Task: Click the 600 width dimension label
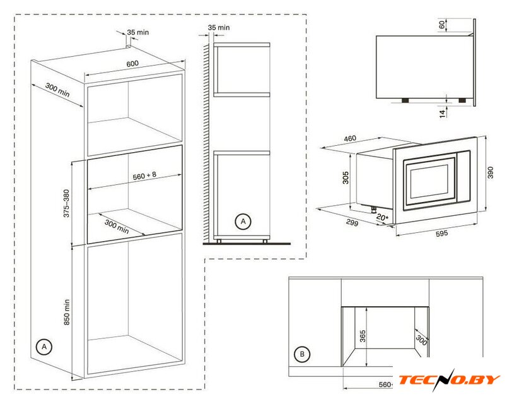(x=132, y=64)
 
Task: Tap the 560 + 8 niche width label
(x=144, y=175)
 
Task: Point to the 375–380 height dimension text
(x=66, y=203)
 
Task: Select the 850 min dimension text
(x=67, y=312)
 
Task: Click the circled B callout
(x=302, y=354)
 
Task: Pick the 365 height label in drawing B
(x=363, y=336)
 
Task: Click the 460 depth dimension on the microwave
(x=350, y=138)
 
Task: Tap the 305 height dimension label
(x=346, y=178)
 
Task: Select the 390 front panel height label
(x=491, y=172)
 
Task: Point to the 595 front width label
(x=441, y=234)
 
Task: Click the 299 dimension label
(x=352, y=223)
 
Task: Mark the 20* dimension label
(x=382, y=218)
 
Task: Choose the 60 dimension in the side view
(x=442, y=24)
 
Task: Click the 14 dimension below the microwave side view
(x=442, y=113)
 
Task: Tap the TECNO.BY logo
(x=450, y=380)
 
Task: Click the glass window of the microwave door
(x=429, y=182)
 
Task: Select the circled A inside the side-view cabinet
(x=243, y=222)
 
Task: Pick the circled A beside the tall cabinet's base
(x=44, y=347)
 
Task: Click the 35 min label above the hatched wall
(x=219, y=28)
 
